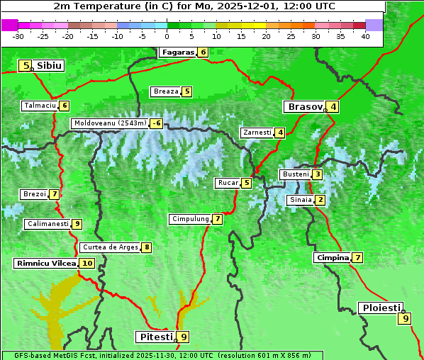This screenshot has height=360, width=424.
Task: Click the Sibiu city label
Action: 50,66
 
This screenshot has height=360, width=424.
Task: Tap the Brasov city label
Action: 304,107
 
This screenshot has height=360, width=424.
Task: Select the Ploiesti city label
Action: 381,308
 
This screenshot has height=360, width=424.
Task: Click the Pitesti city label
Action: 155,337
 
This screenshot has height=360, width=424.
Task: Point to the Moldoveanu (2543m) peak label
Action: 110,123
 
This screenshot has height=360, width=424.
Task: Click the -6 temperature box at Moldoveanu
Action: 156,123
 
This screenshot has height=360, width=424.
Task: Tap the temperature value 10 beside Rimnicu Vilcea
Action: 87,263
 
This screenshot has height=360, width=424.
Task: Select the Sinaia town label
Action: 300,200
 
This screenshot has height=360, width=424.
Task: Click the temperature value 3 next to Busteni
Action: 318,174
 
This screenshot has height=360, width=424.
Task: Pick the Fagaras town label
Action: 177,52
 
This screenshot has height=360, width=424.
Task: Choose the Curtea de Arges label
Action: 109,247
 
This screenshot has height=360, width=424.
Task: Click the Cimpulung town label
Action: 190,219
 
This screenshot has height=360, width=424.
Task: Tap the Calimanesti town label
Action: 48,224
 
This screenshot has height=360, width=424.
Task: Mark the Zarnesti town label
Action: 257,133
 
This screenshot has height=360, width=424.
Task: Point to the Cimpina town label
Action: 333,258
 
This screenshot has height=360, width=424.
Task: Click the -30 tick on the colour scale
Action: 18,36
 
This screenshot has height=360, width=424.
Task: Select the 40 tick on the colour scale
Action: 365,36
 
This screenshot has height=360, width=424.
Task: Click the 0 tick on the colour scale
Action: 167,36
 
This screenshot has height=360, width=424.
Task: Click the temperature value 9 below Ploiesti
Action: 406,318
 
